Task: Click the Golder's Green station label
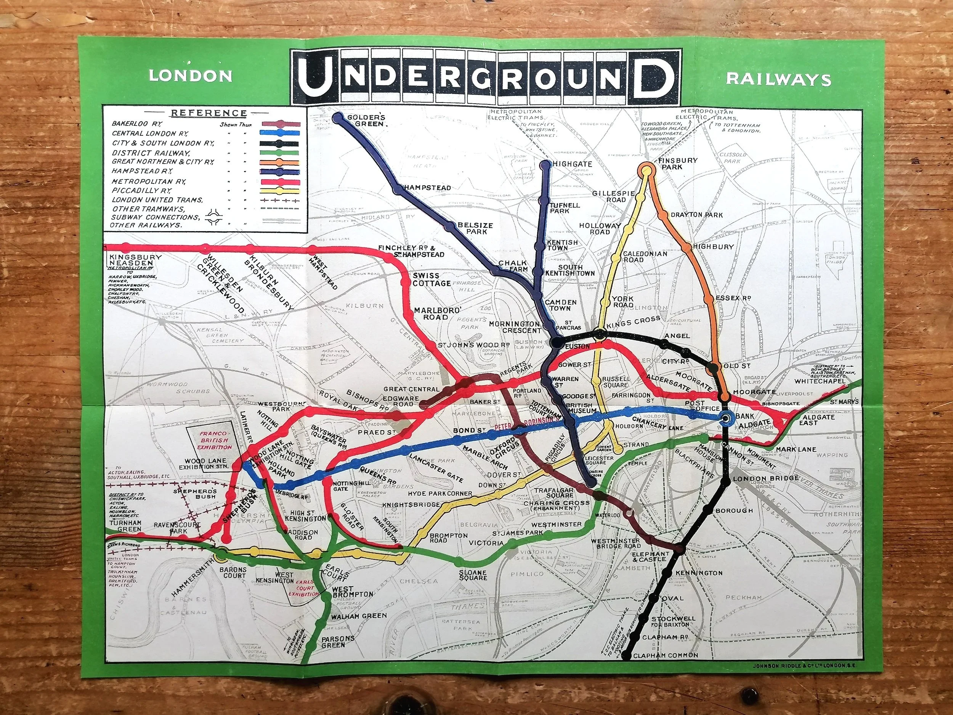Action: pyautogui.click(x=366, y=120)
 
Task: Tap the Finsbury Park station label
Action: pyautogui.click(x=678, y=163)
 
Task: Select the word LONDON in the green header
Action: pyautogui.click(x=191, y=76)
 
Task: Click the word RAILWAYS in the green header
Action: pyautogui.click(x=778, y=80)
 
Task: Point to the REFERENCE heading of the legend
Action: pyautogui.click(x=209, y=113)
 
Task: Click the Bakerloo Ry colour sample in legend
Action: pyautogui.click(x=281, y=124)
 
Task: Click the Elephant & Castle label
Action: pyautogui.click(x=651, y=556)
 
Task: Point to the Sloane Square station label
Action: pyautogui.click(x=473, y=575)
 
